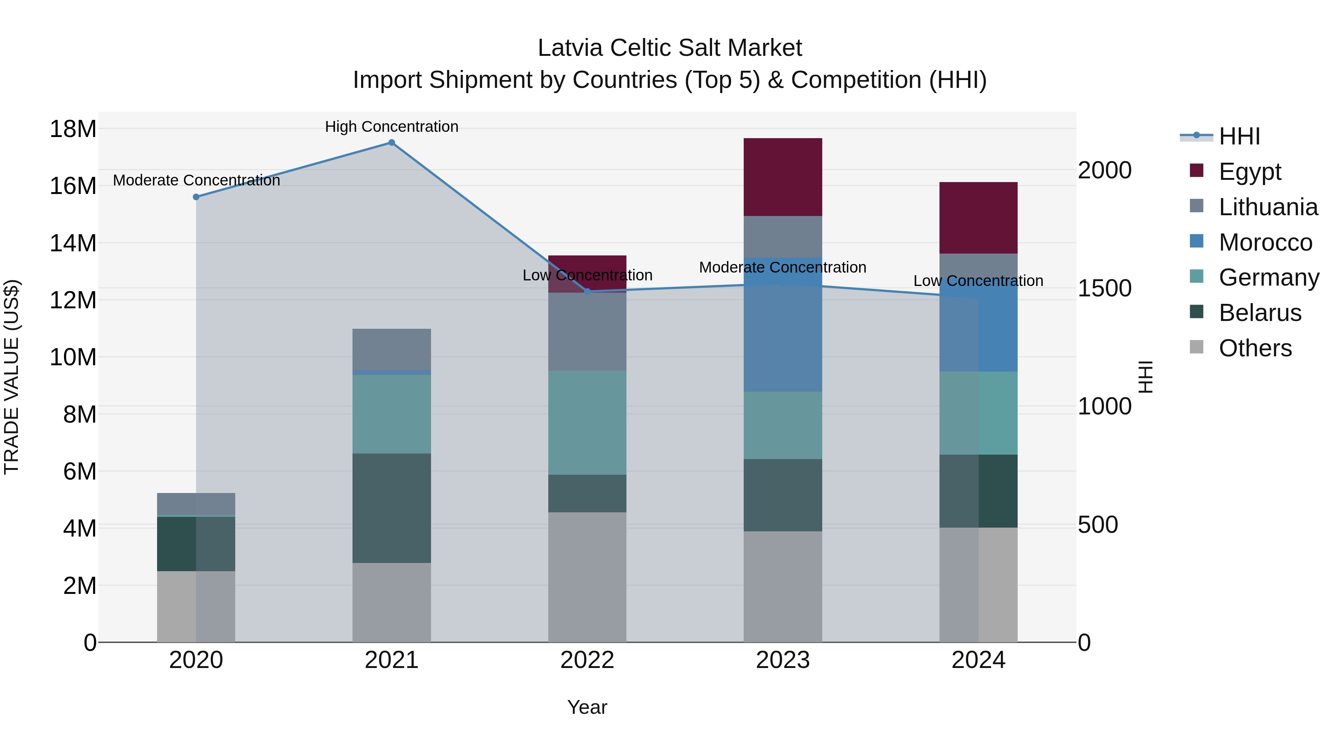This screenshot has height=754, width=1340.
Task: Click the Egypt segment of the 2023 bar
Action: (x=782, y=177)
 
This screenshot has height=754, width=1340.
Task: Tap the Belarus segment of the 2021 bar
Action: (x=391, y=508)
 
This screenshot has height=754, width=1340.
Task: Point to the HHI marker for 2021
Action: (x=392, y=143)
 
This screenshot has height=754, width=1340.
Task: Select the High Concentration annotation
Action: (x=391, y=127)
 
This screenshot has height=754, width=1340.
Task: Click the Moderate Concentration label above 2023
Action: (x=782, y=267)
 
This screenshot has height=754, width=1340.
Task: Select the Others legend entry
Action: (x=1255, y=348)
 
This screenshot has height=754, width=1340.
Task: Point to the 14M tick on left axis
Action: (x=73, y=244)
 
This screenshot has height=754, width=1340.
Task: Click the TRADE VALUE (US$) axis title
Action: (x=12, y=377)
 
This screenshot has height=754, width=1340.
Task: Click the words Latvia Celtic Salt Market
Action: (x=670, y=48)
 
